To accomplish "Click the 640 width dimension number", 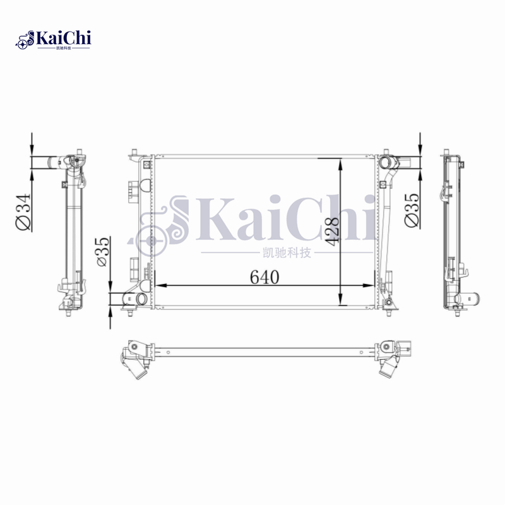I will [264, 277].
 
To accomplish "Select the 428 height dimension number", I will [333, 230].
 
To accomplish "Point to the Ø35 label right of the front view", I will [411, 210].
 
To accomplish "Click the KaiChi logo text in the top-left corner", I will [64, 38].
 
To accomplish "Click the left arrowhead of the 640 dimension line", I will [158, 285].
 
